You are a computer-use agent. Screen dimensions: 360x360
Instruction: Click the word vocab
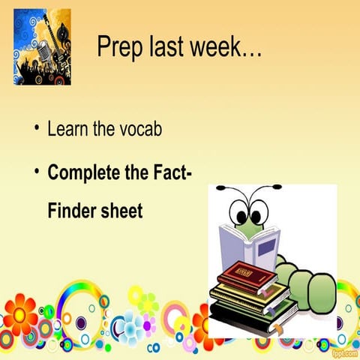(139, 129)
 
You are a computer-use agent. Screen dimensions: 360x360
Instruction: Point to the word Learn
(68, 129)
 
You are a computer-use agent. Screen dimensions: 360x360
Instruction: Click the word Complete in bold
(83, 174)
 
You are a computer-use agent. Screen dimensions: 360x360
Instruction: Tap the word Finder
(71, 211)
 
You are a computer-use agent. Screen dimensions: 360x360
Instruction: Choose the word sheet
(121, 211)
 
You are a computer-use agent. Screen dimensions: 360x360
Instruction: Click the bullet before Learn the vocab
(35, 128)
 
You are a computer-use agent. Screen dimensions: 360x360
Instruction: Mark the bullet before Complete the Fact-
(35, 172)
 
